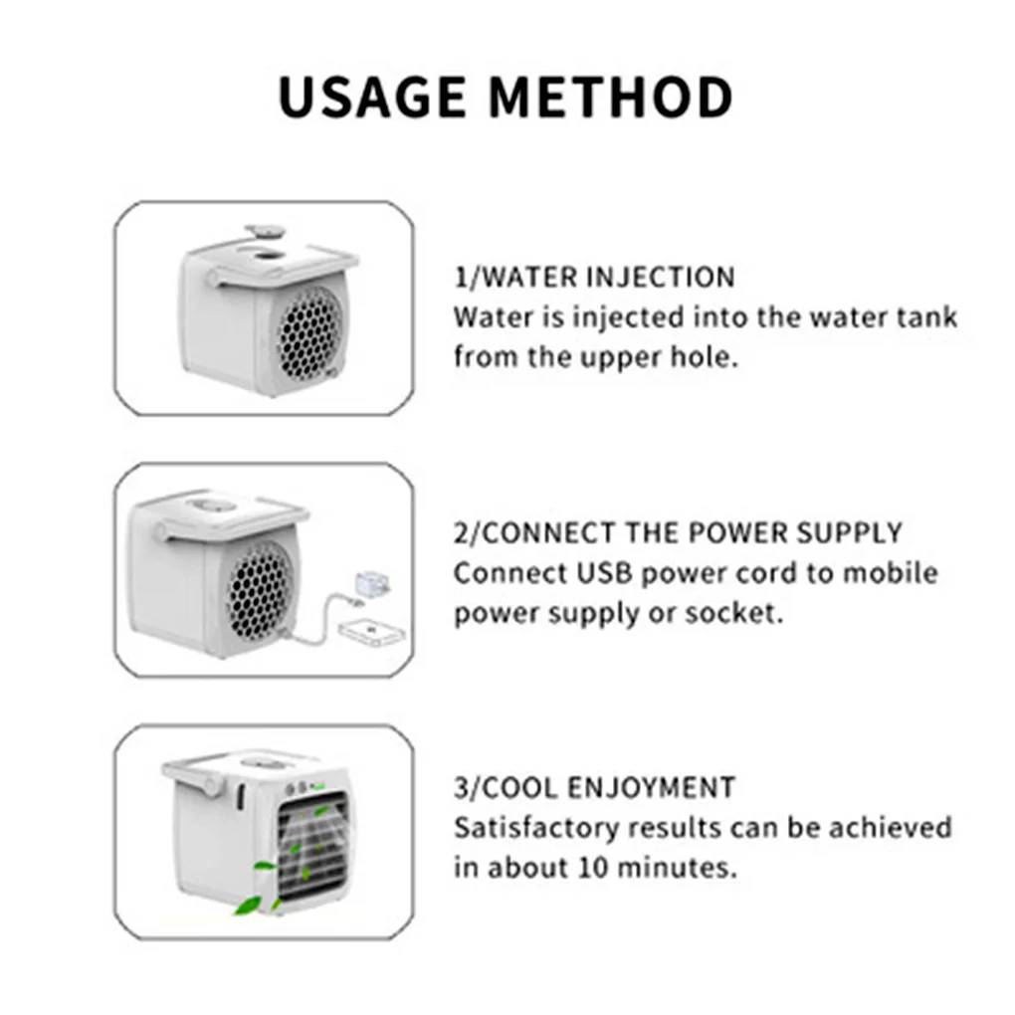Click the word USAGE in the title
373,97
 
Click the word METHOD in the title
611,97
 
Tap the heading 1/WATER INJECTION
594,277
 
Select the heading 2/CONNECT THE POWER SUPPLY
678,532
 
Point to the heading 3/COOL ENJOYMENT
594,788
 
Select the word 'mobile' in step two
891,573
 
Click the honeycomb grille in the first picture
309,333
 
